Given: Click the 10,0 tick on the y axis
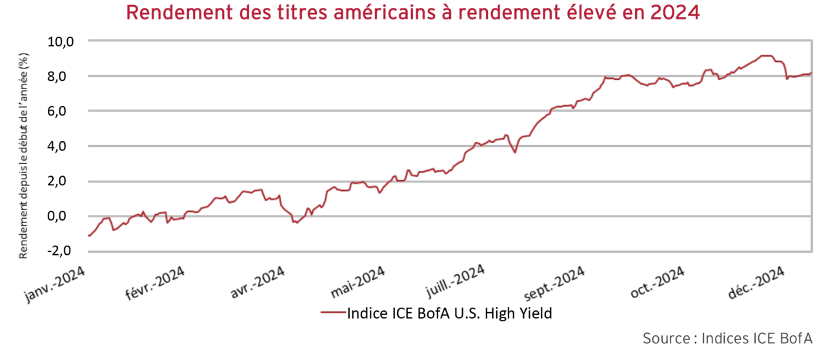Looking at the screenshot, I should (62, 41).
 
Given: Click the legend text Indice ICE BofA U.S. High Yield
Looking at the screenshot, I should (450, 314).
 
